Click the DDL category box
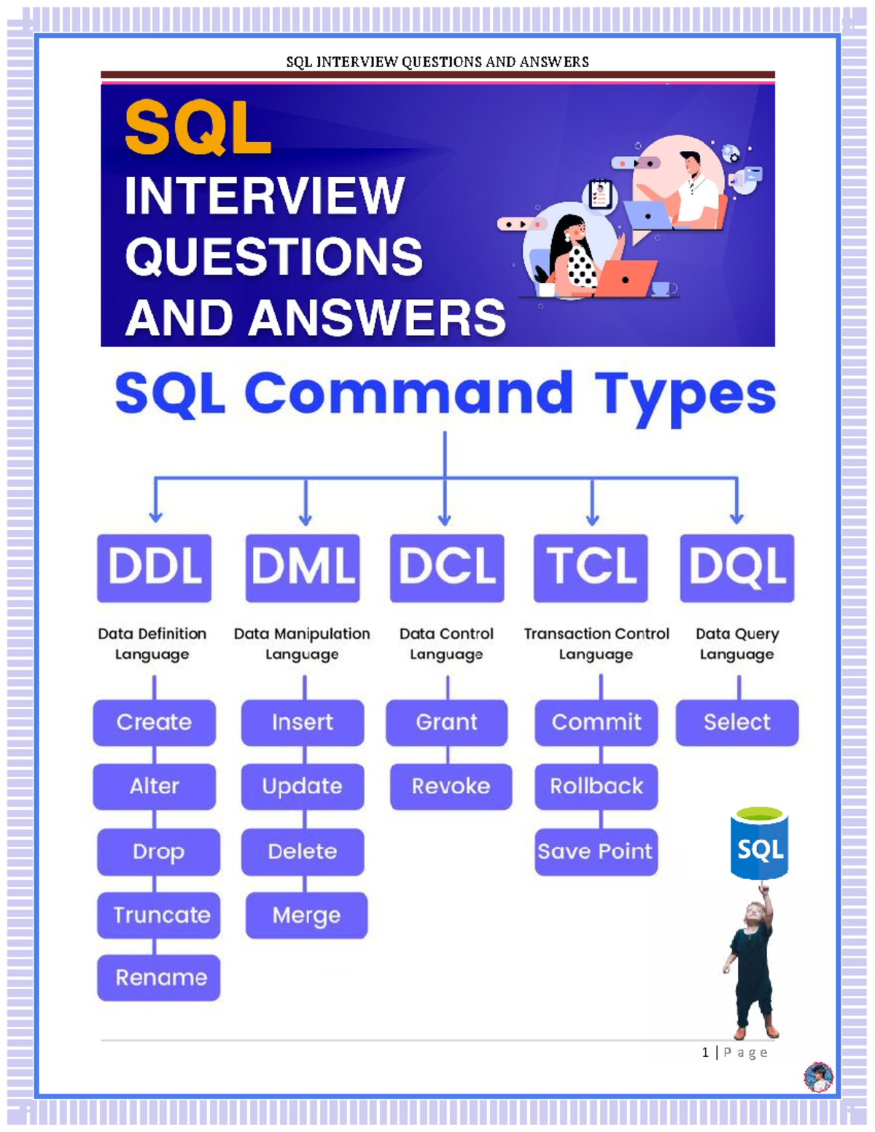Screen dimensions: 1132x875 [154, 568]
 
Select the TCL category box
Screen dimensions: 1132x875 [591, 568]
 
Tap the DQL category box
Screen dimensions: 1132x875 [736, 568]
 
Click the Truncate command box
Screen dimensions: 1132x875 [159, 915]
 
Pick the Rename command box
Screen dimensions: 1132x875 [159, 977]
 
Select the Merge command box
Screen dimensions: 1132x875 [306, 915]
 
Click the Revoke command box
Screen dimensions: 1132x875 [451, 786]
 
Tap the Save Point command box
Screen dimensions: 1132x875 [596, 851]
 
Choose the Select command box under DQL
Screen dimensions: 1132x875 [736, 722]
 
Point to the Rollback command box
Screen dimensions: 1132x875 [596, 786]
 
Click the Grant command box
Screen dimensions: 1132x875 [446, 722]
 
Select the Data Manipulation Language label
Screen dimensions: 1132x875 [302, 644]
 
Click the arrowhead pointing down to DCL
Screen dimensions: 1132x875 [445, 520]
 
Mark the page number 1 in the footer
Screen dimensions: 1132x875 [705, 1052]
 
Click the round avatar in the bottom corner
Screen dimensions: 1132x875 [818, 1077]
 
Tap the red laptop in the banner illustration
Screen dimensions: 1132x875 [627, 279]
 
